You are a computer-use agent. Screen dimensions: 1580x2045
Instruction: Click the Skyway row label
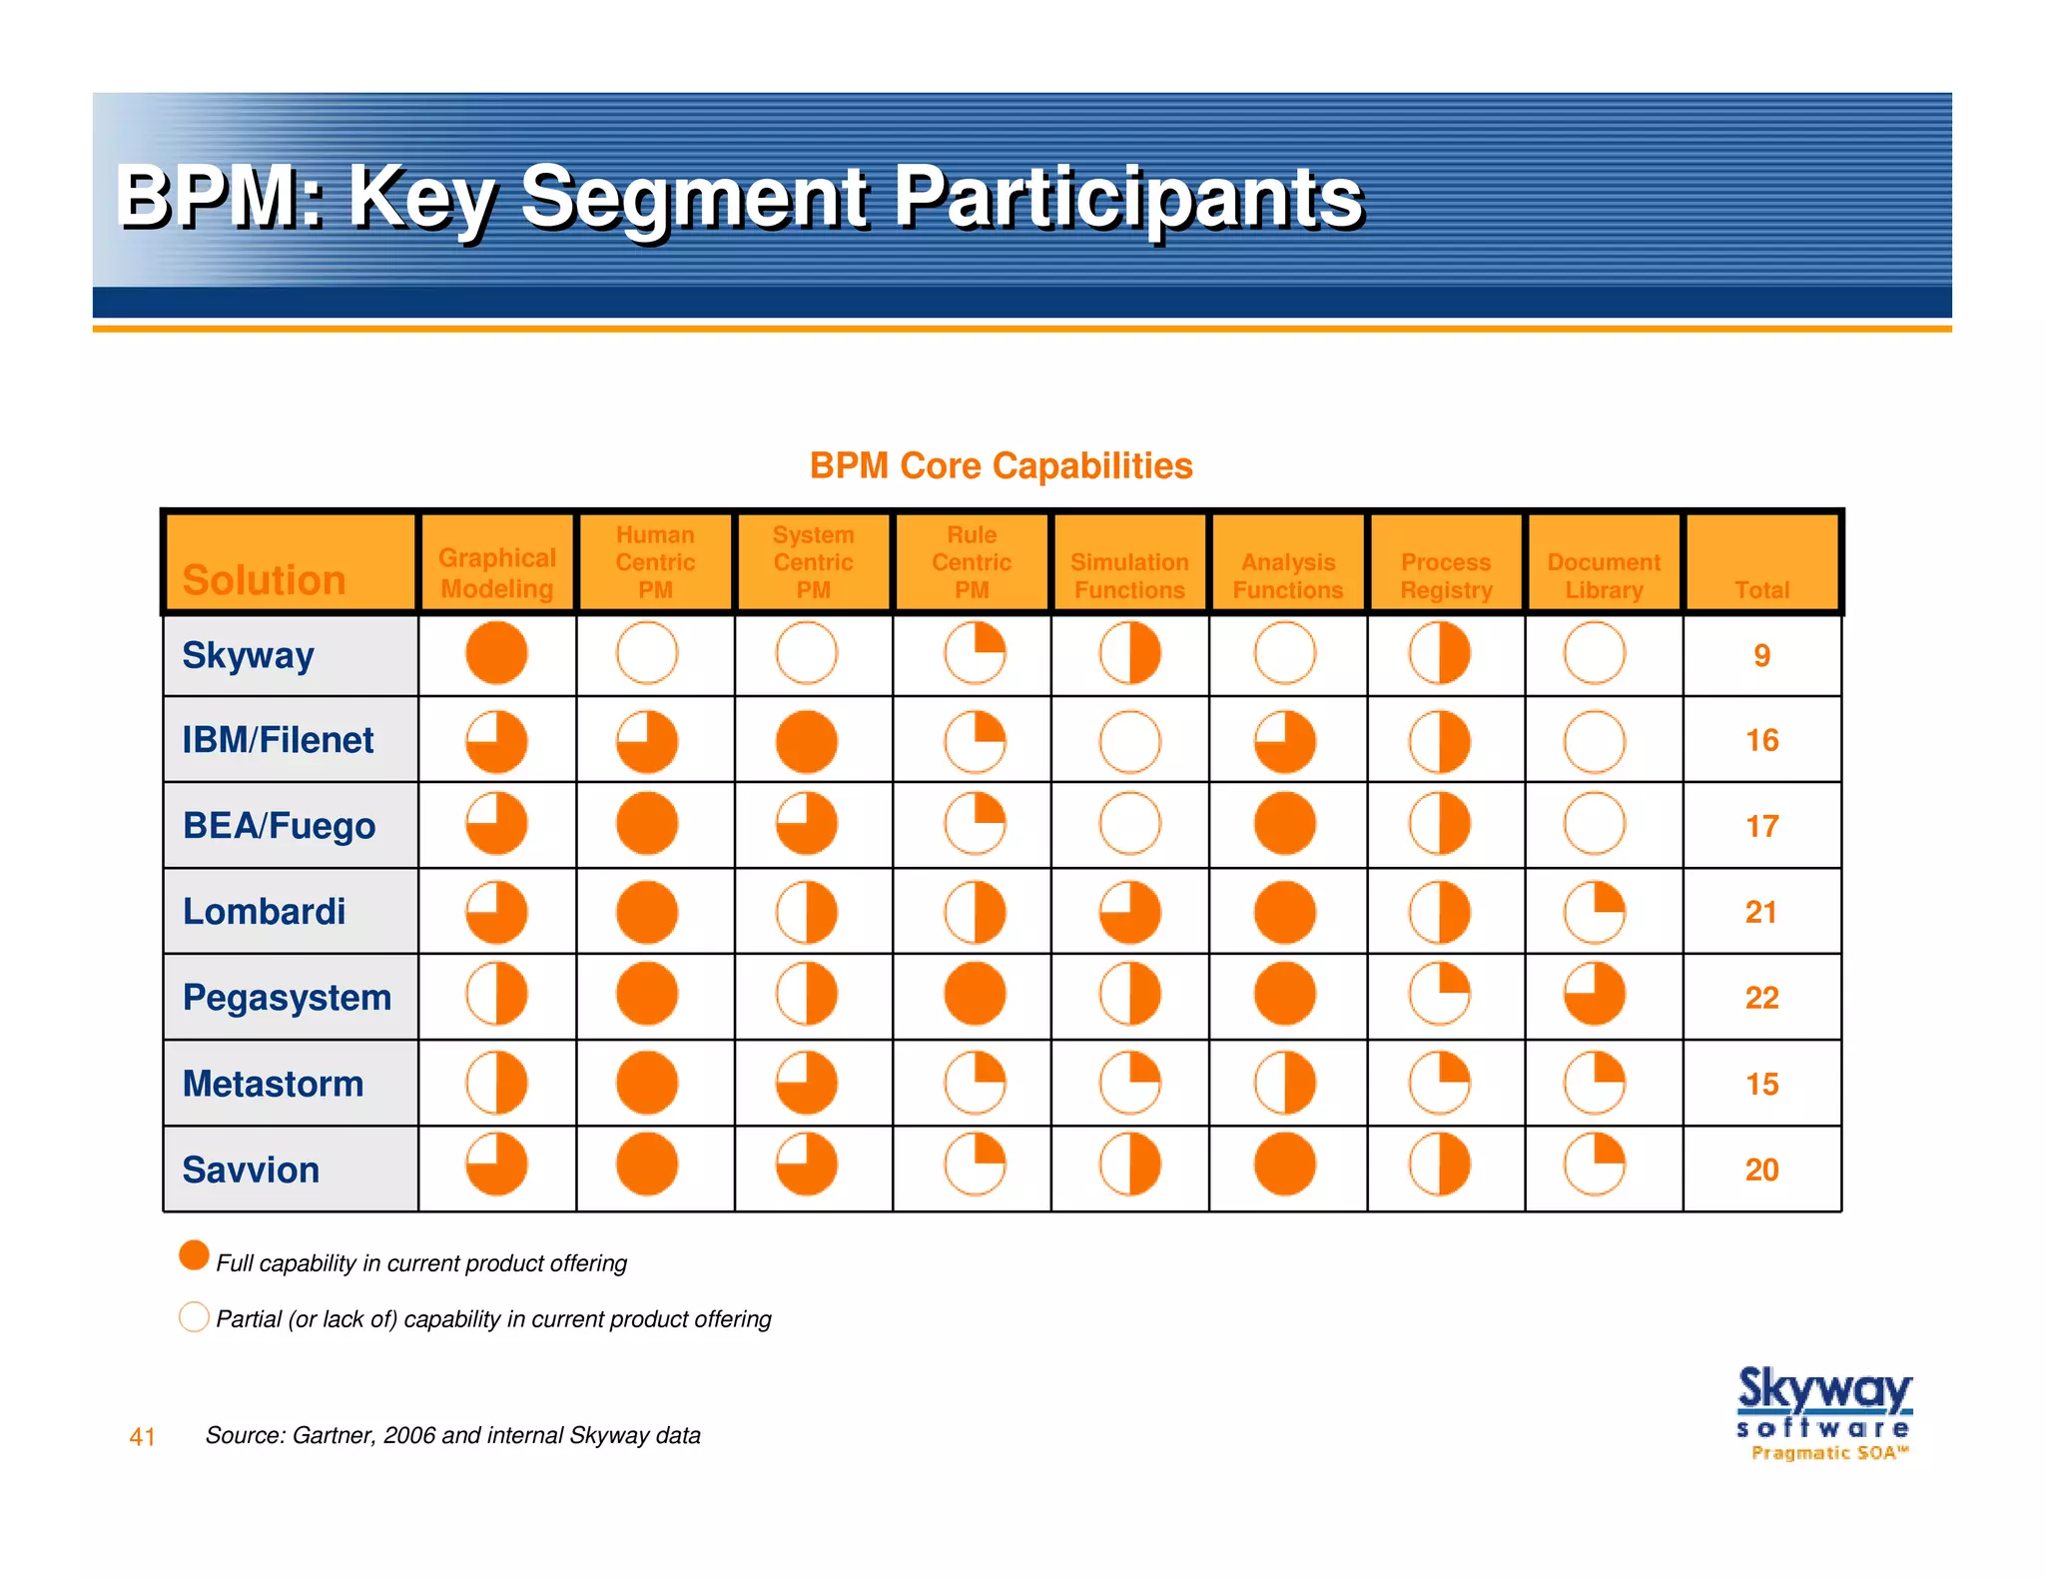click(248, 655)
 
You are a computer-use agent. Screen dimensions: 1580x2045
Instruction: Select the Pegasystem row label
click(287, 997)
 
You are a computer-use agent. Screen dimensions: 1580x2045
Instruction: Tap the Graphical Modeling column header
click(496, 573)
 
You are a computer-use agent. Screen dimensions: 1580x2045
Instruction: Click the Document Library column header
click(1603, 575)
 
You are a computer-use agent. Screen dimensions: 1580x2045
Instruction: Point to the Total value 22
click(1761, 998)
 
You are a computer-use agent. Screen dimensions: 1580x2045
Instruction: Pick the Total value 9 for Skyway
click(1761, 655)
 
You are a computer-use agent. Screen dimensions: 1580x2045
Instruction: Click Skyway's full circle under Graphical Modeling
click(496, 653)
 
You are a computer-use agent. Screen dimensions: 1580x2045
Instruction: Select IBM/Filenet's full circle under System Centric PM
click(806, 741)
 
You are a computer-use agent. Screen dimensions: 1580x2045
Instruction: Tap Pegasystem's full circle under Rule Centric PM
click(974, 994)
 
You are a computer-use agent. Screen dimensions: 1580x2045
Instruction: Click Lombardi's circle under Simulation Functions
click(1129, 912)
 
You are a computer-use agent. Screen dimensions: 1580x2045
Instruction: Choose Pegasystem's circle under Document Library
click(1594, 994)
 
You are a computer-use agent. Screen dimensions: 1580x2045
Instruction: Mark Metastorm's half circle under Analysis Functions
click(1284, 1083)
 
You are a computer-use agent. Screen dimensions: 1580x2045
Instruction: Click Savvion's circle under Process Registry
click(1439, 1165)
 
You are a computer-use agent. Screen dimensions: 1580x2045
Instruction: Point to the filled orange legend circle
click(194, 1255)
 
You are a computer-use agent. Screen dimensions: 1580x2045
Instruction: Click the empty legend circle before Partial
click(194, 1316)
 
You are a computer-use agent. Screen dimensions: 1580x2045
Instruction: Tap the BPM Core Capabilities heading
click(1001, 465)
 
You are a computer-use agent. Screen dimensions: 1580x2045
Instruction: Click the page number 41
click(142, 1437)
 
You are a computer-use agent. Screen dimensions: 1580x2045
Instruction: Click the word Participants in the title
click(1127, 197)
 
